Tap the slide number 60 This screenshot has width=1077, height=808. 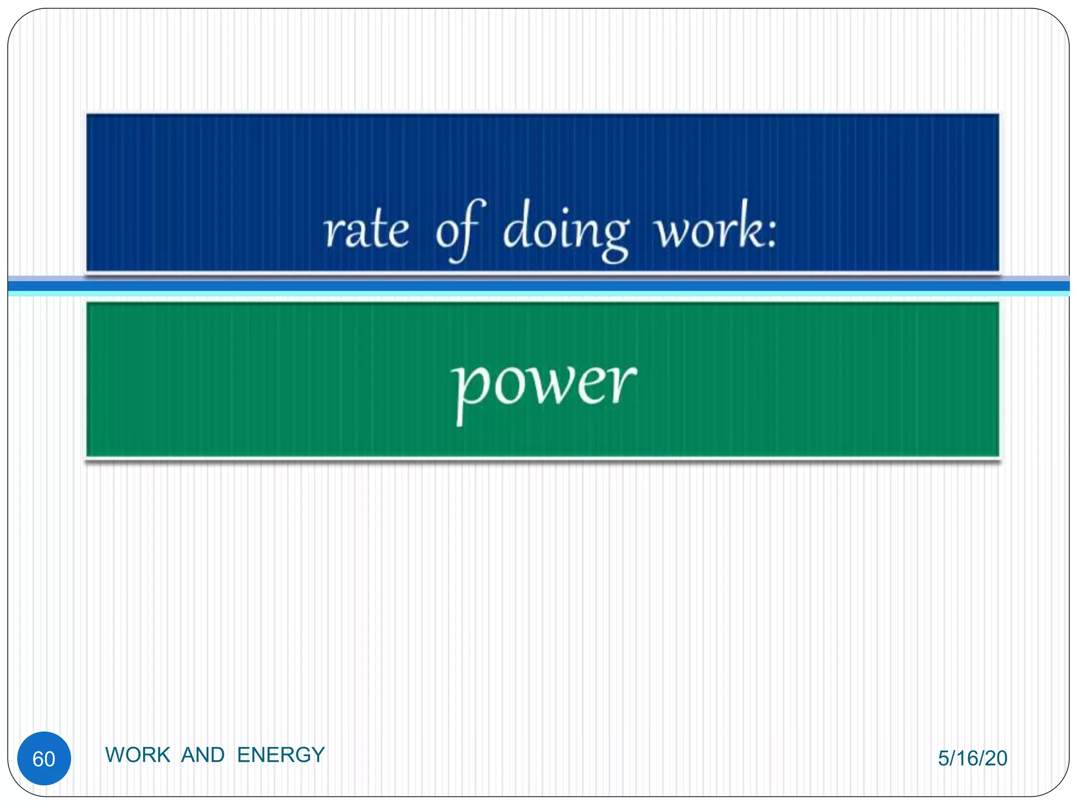point(44,759)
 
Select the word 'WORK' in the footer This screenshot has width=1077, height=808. point(138,755)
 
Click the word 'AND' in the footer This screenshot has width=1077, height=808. point(203,755)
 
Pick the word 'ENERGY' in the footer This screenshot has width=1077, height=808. point(281,755)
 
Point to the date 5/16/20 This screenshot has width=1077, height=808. point(972,758)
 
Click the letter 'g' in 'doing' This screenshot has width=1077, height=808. point(614,239)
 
